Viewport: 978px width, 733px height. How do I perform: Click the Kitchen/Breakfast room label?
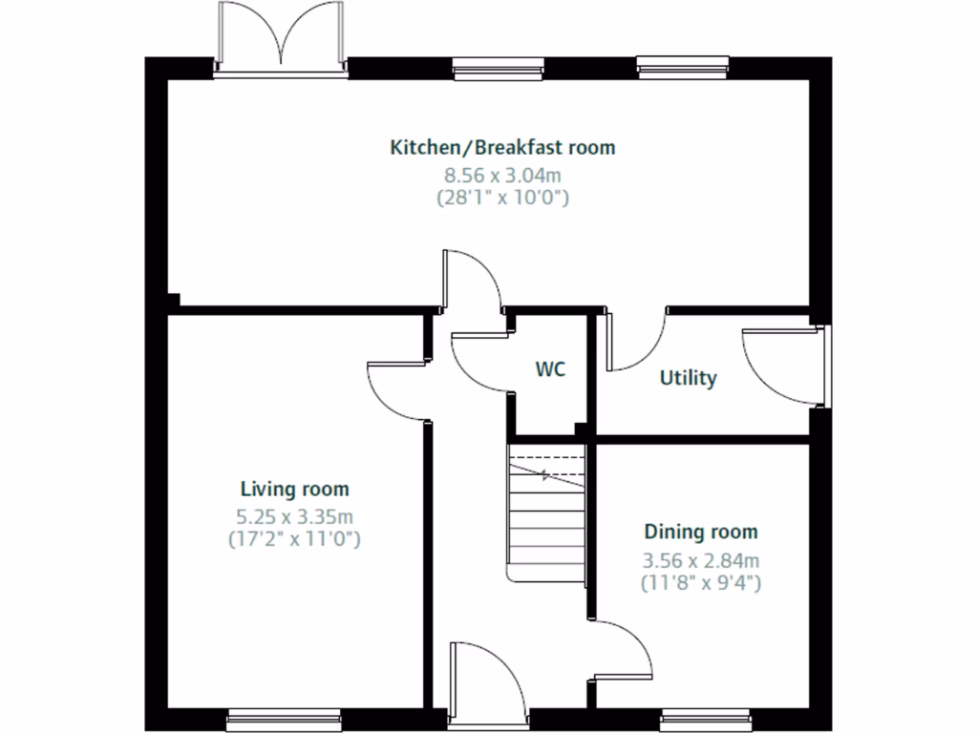click(502, 148)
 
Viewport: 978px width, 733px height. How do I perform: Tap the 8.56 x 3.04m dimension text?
click(502, 175)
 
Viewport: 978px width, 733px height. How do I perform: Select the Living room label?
click(294, 490)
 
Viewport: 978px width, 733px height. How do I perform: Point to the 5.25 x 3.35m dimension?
click(294, 516)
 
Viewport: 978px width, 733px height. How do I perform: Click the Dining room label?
click(701, 532)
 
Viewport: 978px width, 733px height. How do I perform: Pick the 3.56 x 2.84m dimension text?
click(701, 560)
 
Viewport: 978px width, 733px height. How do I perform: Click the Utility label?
click(688, 378)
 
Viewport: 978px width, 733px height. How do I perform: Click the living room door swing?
click(393, 387)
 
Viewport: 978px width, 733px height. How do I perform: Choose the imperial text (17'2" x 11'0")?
click(294, 539)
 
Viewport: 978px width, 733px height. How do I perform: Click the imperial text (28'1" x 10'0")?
click(502, 199)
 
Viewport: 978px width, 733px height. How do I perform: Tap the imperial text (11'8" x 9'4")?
click(701, 582)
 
